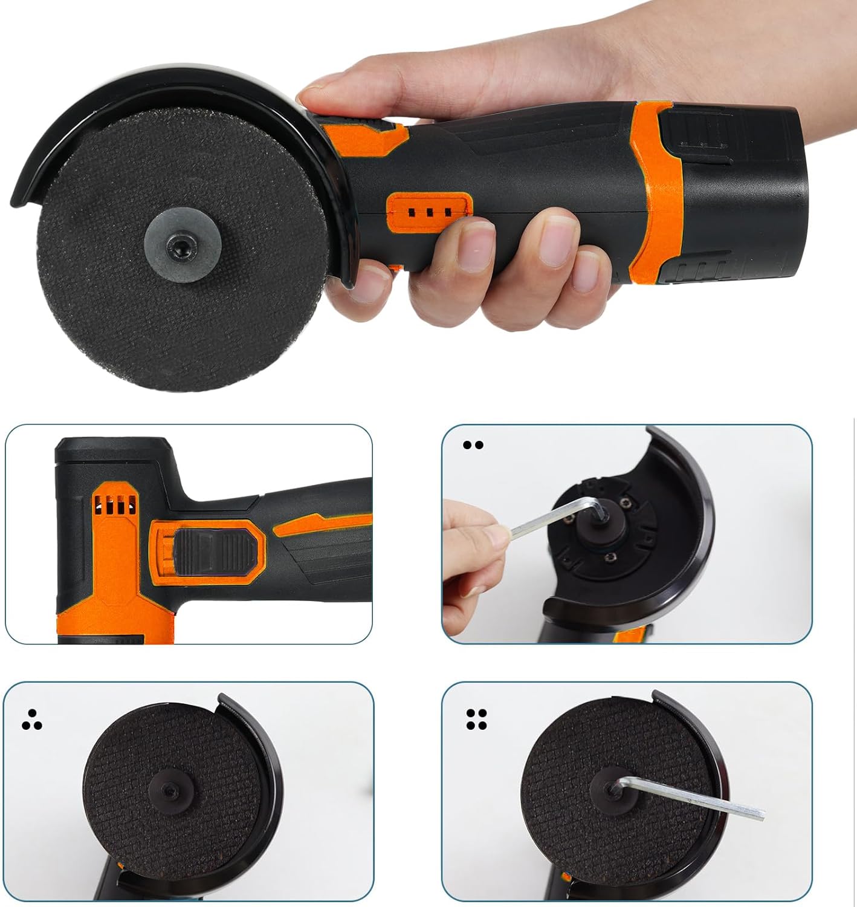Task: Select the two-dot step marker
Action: pos(473,445)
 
